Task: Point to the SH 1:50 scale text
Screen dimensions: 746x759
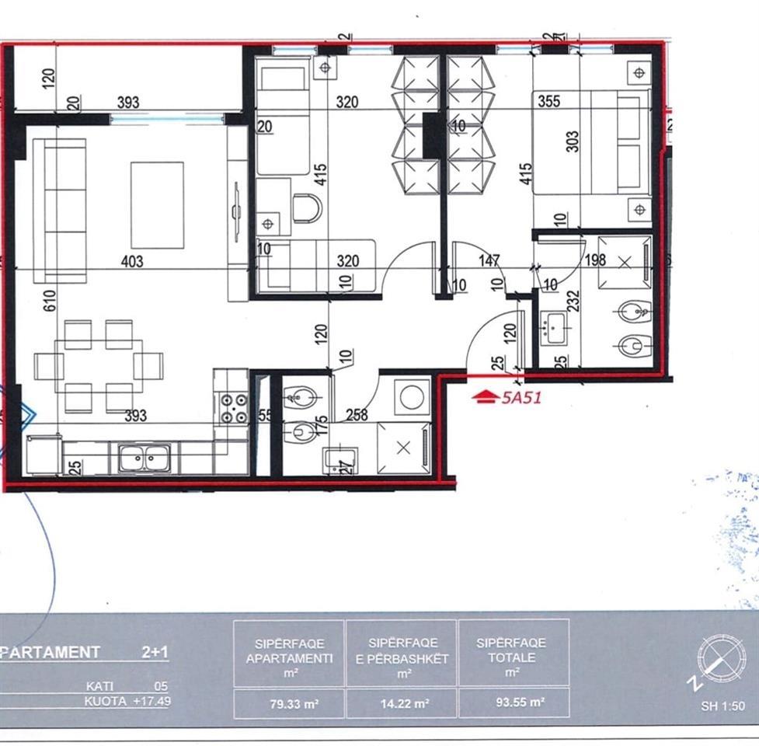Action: [x=722, y=706]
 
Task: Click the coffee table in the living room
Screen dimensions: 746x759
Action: [x=157, y=205]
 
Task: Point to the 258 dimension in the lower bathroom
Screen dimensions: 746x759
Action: [x=357, y=416]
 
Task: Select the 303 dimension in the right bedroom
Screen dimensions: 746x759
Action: [x=573, y=141]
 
